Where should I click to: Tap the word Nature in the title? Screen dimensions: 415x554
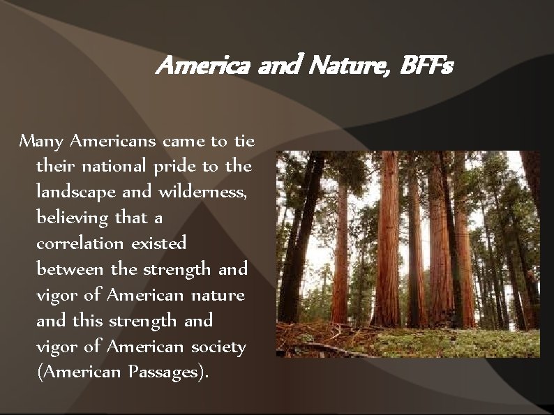(340, 68)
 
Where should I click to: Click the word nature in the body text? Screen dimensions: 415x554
(218, 294)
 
